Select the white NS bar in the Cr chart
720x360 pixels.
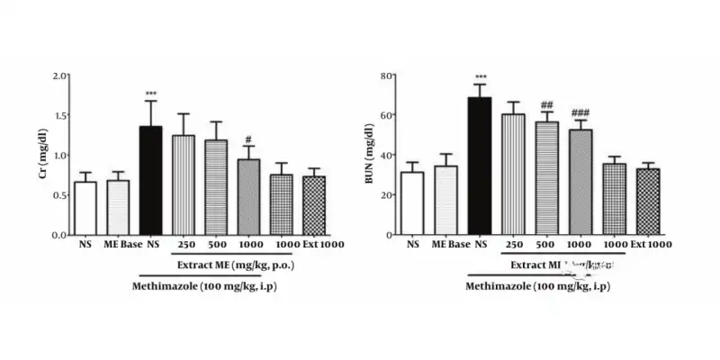click(85, 208)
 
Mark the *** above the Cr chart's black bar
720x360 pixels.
click(149, 94)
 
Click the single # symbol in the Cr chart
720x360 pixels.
click(247, 139)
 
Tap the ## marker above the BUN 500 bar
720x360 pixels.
click(546, 104)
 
